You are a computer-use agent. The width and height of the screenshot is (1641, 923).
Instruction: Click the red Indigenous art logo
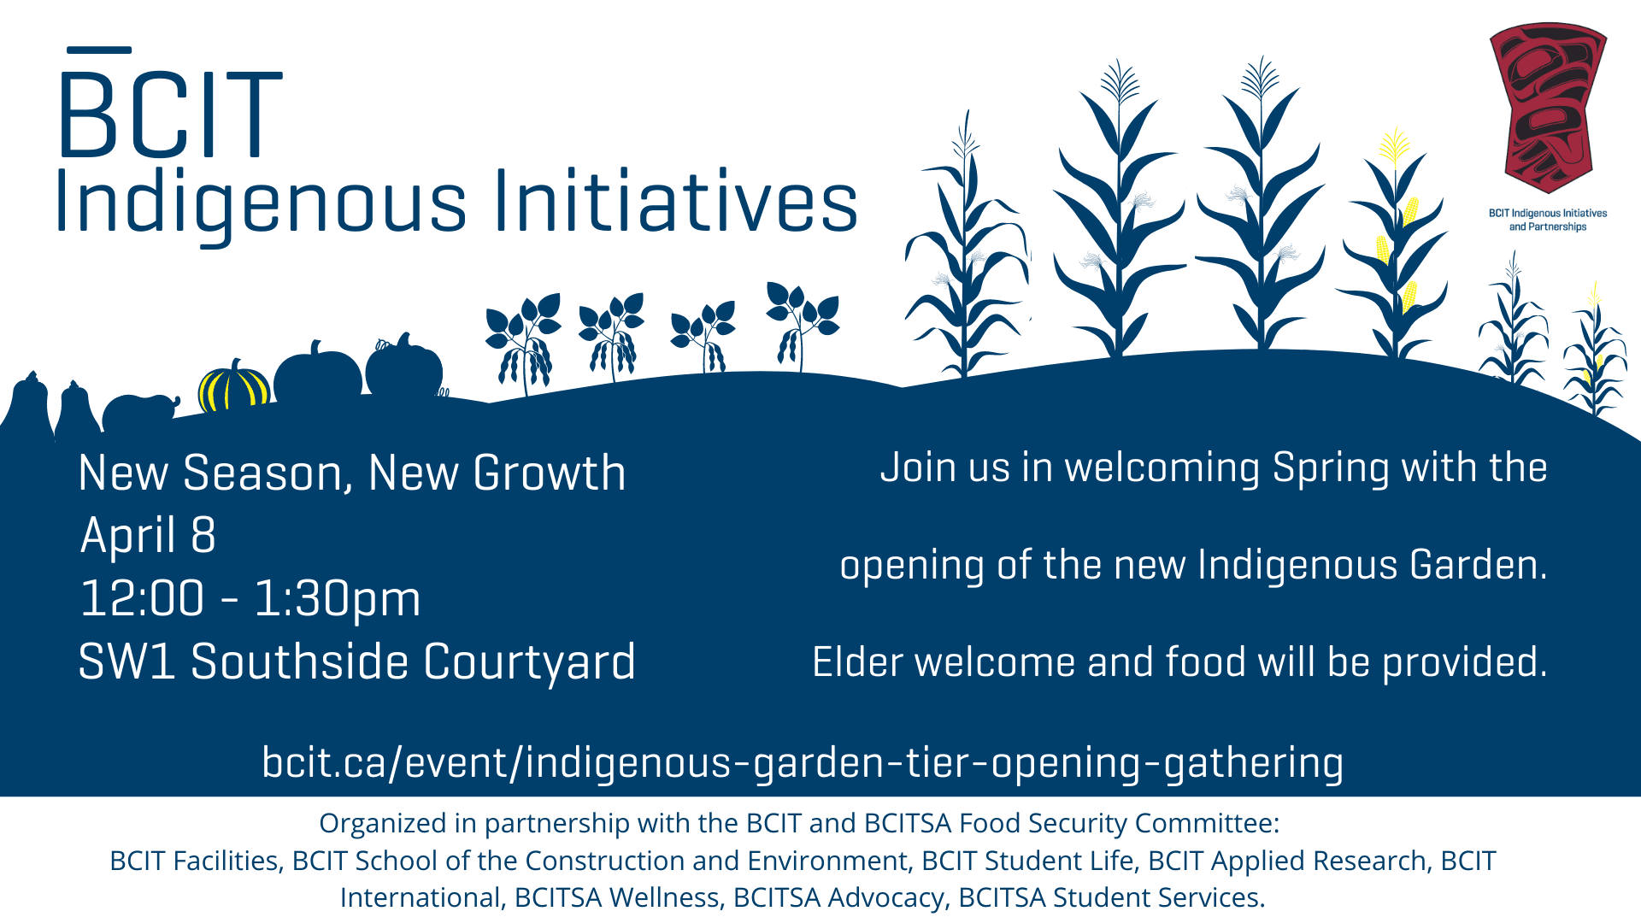coord(1548,108)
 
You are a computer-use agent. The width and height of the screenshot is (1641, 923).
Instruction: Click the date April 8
coord(148,535)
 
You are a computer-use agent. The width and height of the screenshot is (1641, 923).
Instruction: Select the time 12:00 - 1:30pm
coord(250,598)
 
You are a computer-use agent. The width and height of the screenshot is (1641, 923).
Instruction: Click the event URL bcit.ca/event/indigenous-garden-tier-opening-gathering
coord(803,762)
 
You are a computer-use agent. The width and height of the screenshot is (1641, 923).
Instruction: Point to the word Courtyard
coord(530,662)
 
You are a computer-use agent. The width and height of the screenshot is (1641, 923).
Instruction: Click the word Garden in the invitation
coord(1479,565)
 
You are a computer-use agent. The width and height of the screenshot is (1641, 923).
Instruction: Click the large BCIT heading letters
coord(170,115)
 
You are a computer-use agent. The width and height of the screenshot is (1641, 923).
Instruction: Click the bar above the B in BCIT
coord(98,50)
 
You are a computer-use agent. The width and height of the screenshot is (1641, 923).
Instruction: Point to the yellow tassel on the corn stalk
coord(1394,147)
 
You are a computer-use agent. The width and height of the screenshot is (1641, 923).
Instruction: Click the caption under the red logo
coord(1548,220)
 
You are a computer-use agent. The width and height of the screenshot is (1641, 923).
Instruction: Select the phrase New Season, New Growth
coord(352,473)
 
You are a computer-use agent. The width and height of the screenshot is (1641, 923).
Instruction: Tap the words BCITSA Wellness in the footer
coord(617,897)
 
